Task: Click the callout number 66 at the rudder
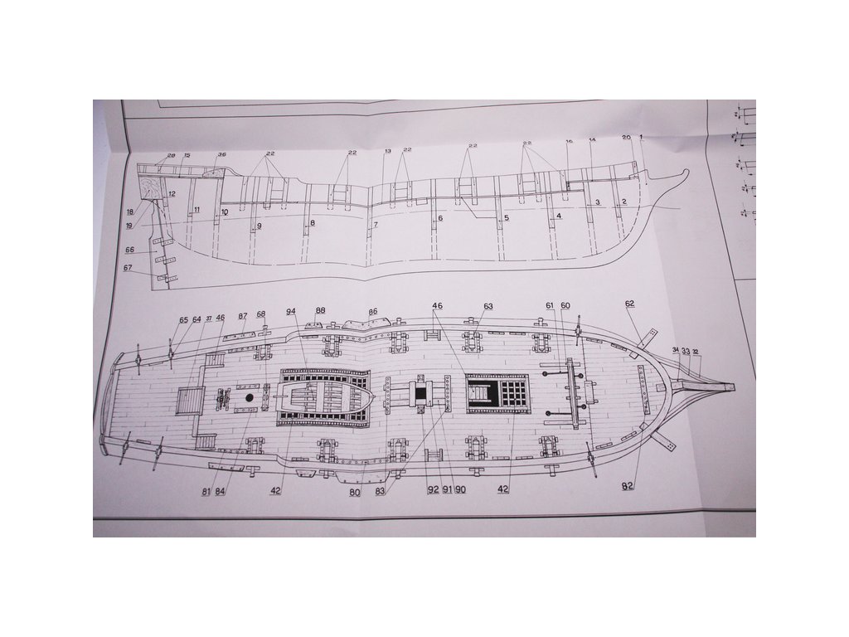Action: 129,250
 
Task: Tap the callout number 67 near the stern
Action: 128,267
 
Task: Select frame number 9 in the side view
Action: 259,226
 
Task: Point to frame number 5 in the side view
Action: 506,219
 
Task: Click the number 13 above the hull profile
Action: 387,152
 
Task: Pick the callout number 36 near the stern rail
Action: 221,155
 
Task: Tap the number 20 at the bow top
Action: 626,138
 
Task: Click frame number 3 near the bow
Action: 597,202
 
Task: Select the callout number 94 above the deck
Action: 291,312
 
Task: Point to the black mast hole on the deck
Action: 250,398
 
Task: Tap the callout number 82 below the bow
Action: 629,485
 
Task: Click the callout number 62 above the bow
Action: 630,304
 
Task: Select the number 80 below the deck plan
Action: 355,493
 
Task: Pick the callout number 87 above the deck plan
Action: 243,316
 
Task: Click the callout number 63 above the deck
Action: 488,307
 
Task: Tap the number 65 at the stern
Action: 184,319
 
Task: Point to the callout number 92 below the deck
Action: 433,489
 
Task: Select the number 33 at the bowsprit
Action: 686,352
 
